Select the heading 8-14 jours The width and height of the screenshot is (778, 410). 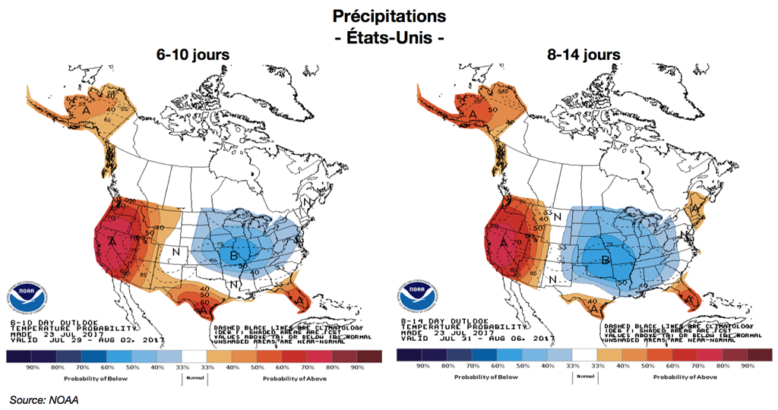(x=583, y=55)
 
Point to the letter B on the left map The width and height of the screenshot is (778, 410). (x=234, y=254)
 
